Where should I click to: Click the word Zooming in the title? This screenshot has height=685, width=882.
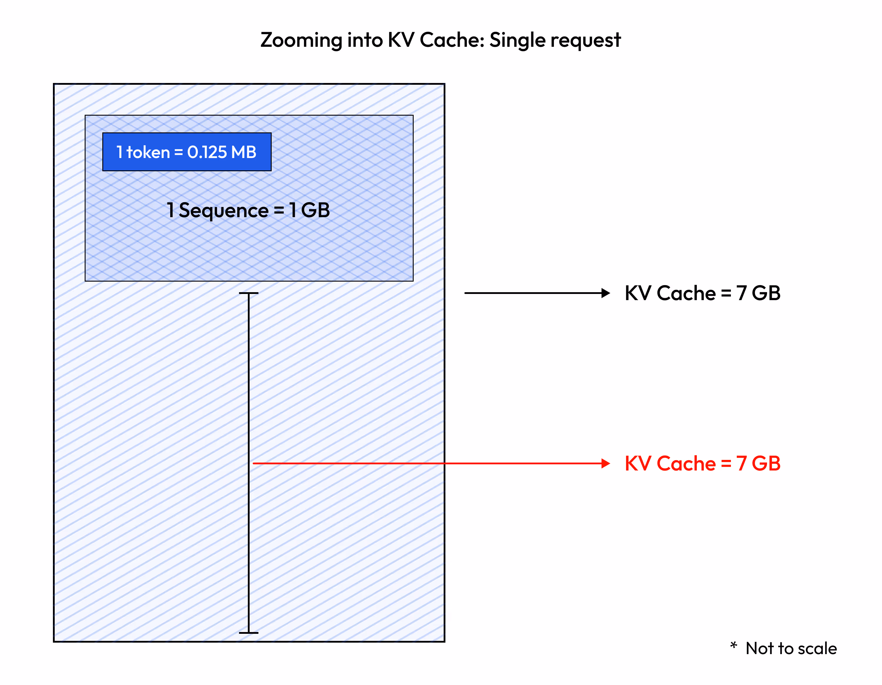click(x=301, y=40)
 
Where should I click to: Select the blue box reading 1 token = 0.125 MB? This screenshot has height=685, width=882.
click(x=187, y=152)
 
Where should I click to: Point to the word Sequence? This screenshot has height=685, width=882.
click(x=223, y=211)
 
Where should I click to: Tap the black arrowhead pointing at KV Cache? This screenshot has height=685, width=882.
click(x=605, y=293)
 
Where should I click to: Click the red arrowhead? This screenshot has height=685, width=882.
click(x=605, y=463)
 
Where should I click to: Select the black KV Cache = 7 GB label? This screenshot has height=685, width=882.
click(x=702, y=293)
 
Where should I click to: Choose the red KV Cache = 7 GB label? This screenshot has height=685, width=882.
click(x=702, y=463)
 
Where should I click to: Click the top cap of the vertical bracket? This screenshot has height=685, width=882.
click(x=248, y=293)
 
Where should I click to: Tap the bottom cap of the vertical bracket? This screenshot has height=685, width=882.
click(x=248, y=632)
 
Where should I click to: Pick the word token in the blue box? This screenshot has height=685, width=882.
click(x=148, y=152)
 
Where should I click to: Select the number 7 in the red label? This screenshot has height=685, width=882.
click(x=741, y=463)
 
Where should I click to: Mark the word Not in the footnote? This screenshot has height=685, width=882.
click(x=759, y=649)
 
